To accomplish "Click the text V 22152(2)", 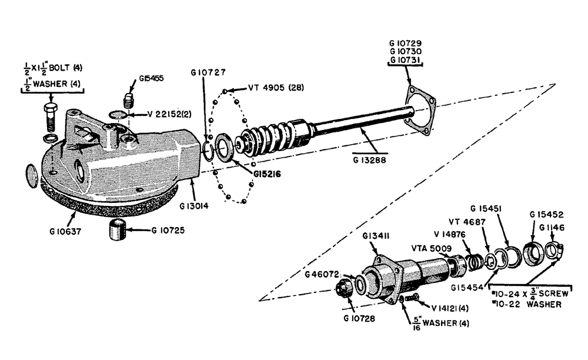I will click(x=159, y=113).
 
